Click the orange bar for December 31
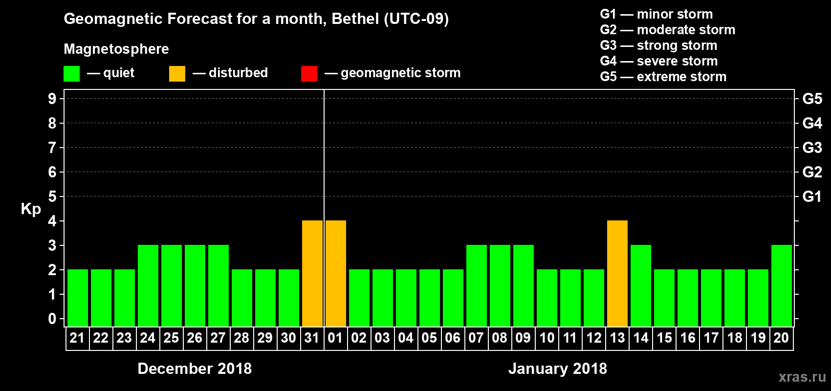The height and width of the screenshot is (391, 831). click(312, 273)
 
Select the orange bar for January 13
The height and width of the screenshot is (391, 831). click(617, 273)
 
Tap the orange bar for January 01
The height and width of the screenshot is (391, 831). click(336, 273)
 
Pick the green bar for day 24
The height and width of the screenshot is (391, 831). click(148, 285)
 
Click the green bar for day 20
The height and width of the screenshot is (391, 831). click(782, 285)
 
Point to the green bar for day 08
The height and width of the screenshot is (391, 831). click(500, 285)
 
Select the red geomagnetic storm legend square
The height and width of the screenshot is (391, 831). click(309, 74)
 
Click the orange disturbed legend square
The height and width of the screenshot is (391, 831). click(177, 74)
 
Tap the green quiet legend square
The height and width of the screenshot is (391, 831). click(71, 74)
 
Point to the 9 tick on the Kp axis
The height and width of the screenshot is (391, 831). click(52, 99)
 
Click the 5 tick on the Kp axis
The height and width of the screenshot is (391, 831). click(52, 196)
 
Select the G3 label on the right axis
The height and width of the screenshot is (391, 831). click(812, 148)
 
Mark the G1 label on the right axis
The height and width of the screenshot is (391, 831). click(812, 196)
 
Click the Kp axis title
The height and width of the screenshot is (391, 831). click(31, 209)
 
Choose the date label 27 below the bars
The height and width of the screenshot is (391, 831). click(218, 338)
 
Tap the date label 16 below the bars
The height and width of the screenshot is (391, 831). click(688, 338)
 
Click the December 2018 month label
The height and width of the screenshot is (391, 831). click(195, 369)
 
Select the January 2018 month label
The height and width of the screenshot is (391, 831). click(558, 369)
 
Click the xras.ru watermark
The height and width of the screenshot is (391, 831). click(802, 377)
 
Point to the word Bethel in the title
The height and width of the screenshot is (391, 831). click(355, 19)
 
